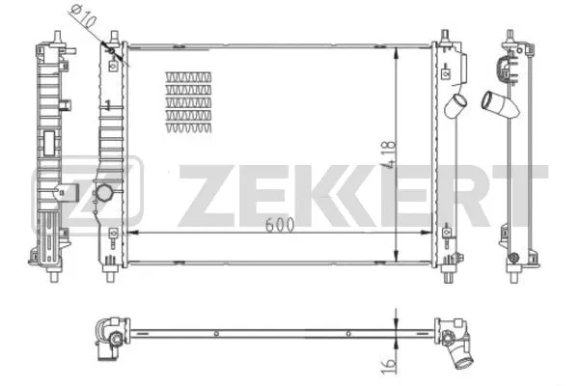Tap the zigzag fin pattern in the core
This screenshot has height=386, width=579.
click(x=190, y=100)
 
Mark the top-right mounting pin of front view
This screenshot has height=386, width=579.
click(x=448, y=38)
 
